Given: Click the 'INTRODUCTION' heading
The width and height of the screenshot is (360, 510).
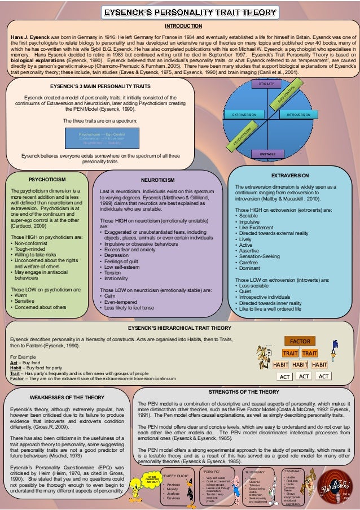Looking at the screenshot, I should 182,27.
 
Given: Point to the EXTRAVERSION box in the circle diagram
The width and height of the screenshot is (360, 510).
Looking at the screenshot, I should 240,115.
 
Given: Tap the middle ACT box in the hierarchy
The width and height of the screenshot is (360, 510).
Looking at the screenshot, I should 304,376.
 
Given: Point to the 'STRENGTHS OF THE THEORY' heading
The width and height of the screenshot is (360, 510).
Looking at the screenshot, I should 244,391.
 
